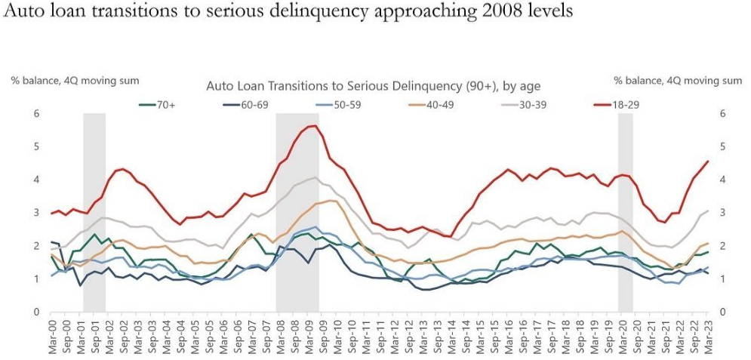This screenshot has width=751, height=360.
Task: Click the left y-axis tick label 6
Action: pos(35,113)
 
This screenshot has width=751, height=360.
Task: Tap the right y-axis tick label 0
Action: pos(723,312)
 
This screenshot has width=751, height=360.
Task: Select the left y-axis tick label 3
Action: pos(35,213)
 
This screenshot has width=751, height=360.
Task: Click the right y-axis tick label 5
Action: pos(723,146)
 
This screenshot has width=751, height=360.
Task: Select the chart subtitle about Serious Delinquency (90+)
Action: pos(373,86)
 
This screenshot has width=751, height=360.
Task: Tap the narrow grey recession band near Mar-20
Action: pos(625,212)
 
